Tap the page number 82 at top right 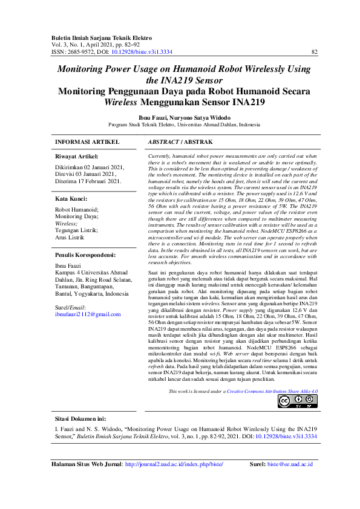(314, 52)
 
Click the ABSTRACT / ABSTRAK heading (180, 141)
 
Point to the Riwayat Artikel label (77, 156)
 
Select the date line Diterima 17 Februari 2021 (88, 181)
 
